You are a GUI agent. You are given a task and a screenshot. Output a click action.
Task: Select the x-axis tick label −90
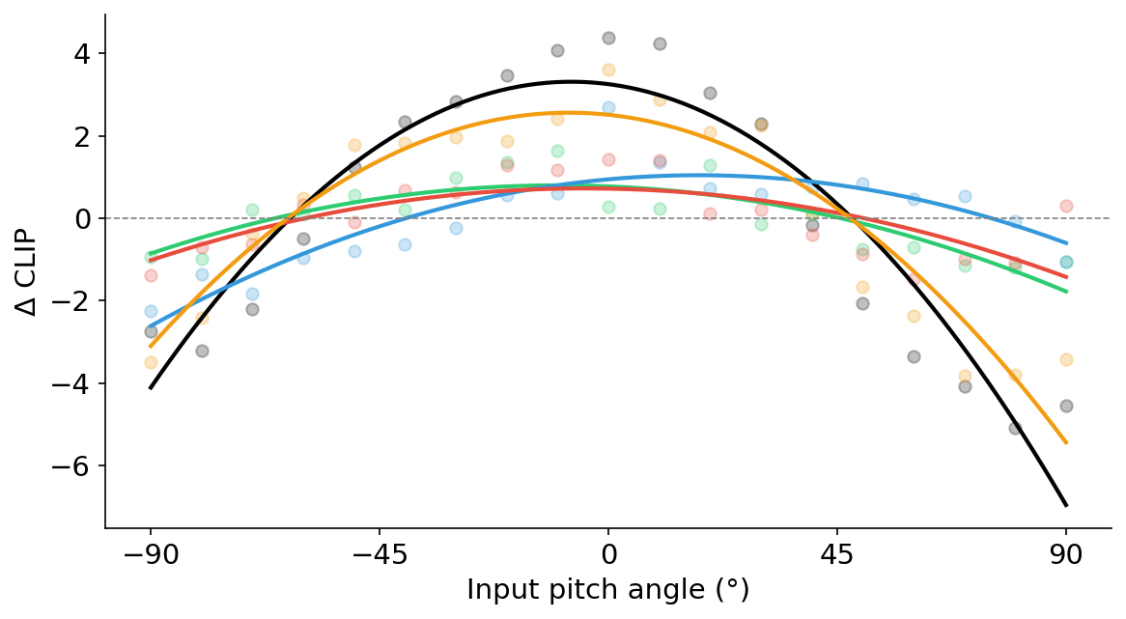point(150,556)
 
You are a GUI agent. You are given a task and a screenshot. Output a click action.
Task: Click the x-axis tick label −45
point(379,556)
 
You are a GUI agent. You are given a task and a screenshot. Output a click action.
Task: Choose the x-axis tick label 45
point(837,556)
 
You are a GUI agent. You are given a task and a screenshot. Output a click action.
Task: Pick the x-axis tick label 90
point(1066,556)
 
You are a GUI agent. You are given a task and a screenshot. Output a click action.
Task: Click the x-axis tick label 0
point(608,556)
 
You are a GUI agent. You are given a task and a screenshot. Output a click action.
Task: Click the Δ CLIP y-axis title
point(28,271)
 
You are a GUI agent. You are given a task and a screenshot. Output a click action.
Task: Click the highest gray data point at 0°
point(608,38)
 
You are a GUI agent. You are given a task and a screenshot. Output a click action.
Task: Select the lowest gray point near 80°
point(1015,428)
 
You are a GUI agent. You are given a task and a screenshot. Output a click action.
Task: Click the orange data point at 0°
point(608,70)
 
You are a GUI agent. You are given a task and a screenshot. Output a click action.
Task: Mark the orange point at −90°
point(151,362)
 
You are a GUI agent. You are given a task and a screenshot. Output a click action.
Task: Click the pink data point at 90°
point(1066,206)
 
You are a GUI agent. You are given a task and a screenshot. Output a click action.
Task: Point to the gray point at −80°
point(202,351)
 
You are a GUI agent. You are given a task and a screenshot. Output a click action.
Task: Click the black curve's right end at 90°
point(1066,505)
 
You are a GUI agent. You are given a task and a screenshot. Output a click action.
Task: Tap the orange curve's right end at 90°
point(1066,443)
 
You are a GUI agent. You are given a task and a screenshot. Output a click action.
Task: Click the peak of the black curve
point(571,82)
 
